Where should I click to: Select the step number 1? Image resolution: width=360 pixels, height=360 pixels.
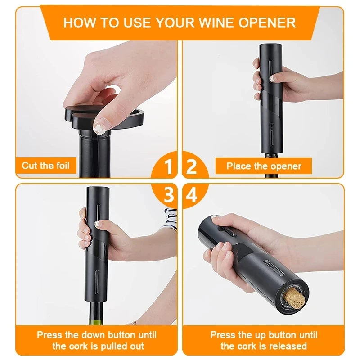pyautogui.click(x=168, y=167)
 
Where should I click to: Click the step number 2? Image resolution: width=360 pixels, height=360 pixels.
pyautogui.click(x=192, y=167)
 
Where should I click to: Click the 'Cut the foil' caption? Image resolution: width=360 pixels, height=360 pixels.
pyautogui.click(x=46, y=166)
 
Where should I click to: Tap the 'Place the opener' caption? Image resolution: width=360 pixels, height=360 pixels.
pyautogui.click(x=264, y=166)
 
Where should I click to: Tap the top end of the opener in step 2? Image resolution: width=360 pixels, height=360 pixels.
pyautogui.click(x=271, y=47)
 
